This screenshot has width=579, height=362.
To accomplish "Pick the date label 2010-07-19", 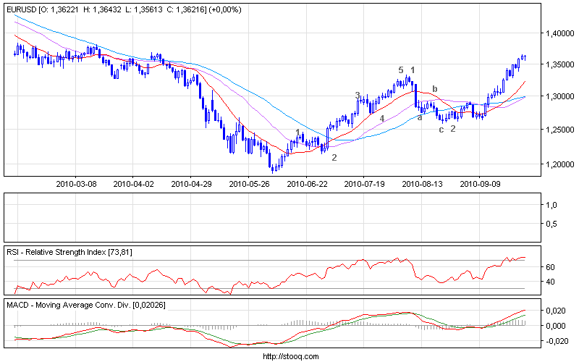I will [366, 184].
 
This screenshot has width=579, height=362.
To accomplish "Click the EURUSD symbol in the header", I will [20, 9].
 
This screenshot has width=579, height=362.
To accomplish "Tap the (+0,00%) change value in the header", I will [225, 9].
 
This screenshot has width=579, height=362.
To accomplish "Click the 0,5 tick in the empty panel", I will [549, 224].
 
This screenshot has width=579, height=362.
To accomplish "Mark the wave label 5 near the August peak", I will [400, 70].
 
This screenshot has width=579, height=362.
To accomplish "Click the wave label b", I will [435, 89].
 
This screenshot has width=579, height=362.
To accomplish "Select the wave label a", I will [420, 117].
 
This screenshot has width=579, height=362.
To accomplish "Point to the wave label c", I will [441, 129].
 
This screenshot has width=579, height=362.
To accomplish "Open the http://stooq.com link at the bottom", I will [289, 356].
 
